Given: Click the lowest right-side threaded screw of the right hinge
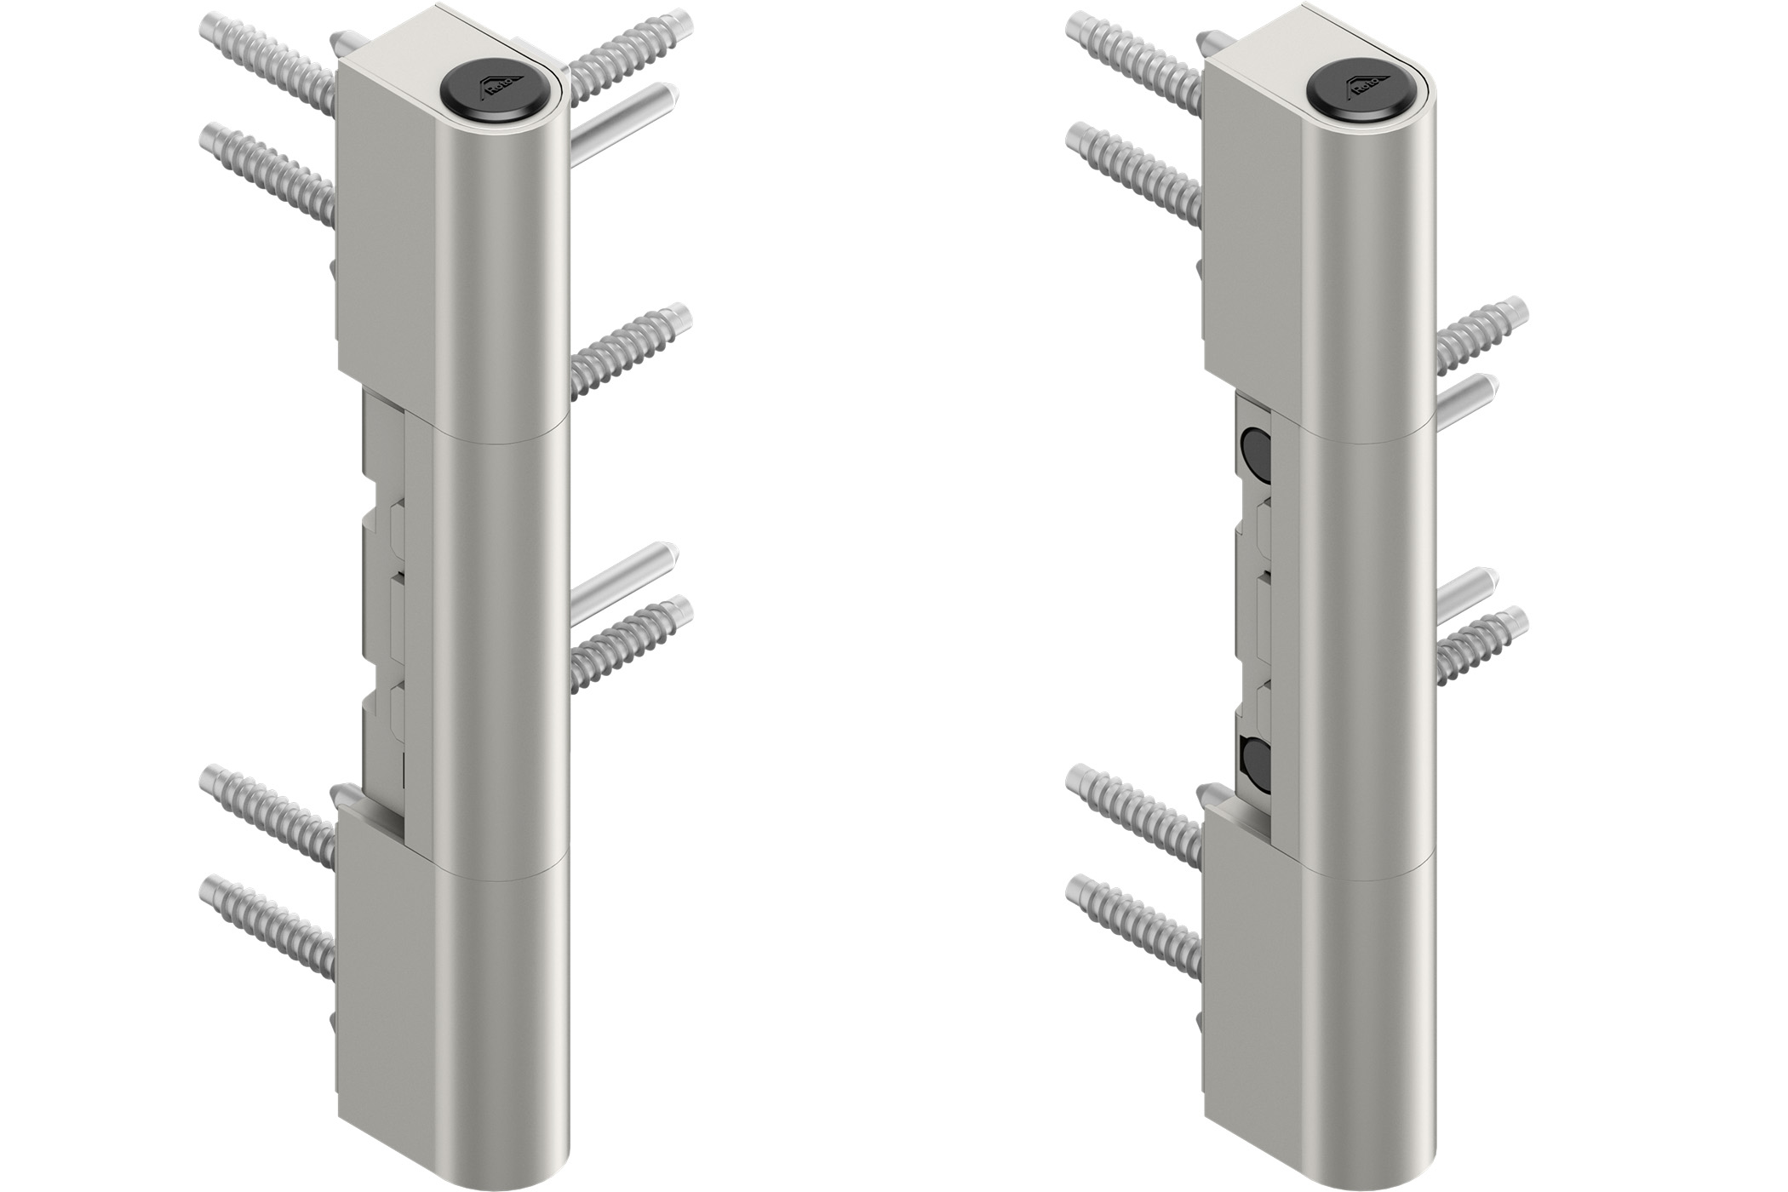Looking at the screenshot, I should pyautogui.click(x=1482, y=642).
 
